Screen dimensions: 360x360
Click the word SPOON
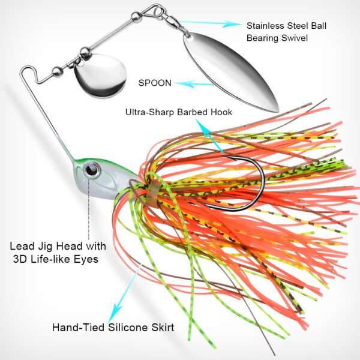155,83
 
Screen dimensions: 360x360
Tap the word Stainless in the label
265,25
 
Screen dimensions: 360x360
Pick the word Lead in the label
21,246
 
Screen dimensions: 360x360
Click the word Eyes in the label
85,259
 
